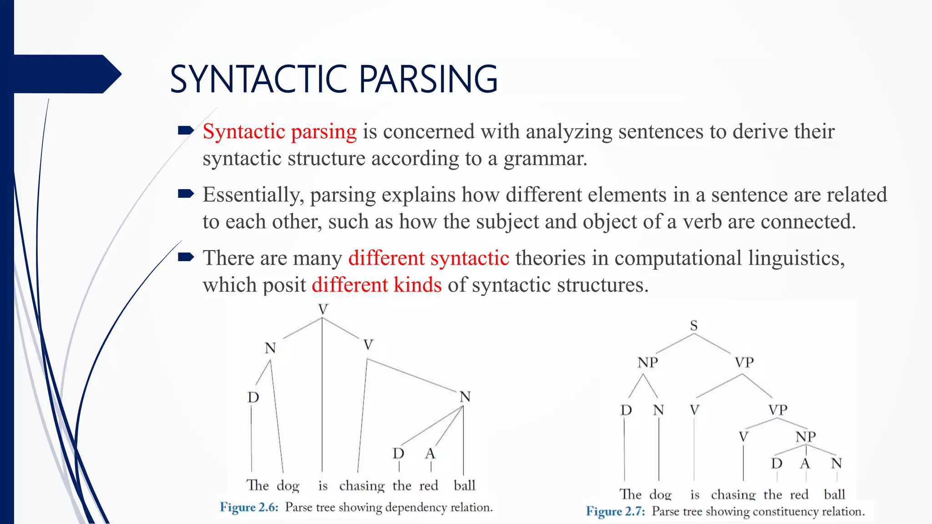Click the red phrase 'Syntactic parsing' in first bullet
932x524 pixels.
(x=279, y=132)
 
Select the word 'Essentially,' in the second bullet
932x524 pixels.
(x=253, y=195)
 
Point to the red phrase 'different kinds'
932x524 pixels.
(x=376, y=285)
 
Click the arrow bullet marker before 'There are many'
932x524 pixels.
(x=186, y=257)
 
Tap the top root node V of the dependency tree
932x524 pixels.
(x=323, y=310)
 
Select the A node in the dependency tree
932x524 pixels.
(x=430, y=453)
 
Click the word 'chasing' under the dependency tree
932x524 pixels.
(x=362, y=486)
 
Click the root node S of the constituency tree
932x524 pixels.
(x=694, y=326)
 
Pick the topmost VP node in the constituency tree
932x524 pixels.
(x=744, y=363)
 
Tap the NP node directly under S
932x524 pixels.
(x=647, y=363)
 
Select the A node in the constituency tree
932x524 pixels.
(x=805, y=464)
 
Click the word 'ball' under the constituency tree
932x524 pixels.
(x=834, y=494)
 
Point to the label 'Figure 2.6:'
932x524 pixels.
(x=249, y=507)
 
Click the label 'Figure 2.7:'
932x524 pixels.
(x=615, y=511)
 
